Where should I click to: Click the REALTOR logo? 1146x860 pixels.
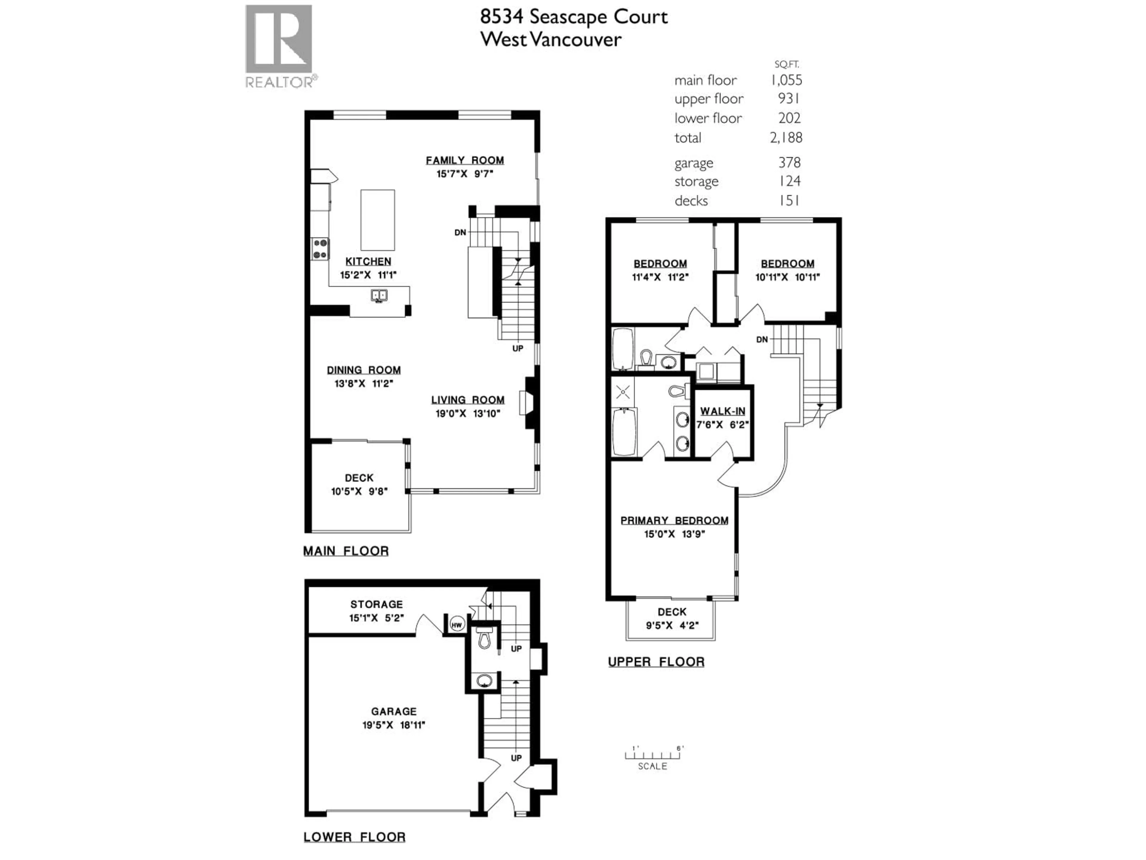pos(279,46)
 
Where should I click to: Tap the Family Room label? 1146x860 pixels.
pos(465,161)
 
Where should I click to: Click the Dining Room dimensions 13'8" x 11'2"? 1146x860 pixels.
pos(364,384)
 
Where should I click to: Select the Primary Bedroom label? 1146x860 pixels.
pos(674,520)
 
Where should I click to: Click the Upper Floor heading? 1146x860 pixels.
pos(656,662)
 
